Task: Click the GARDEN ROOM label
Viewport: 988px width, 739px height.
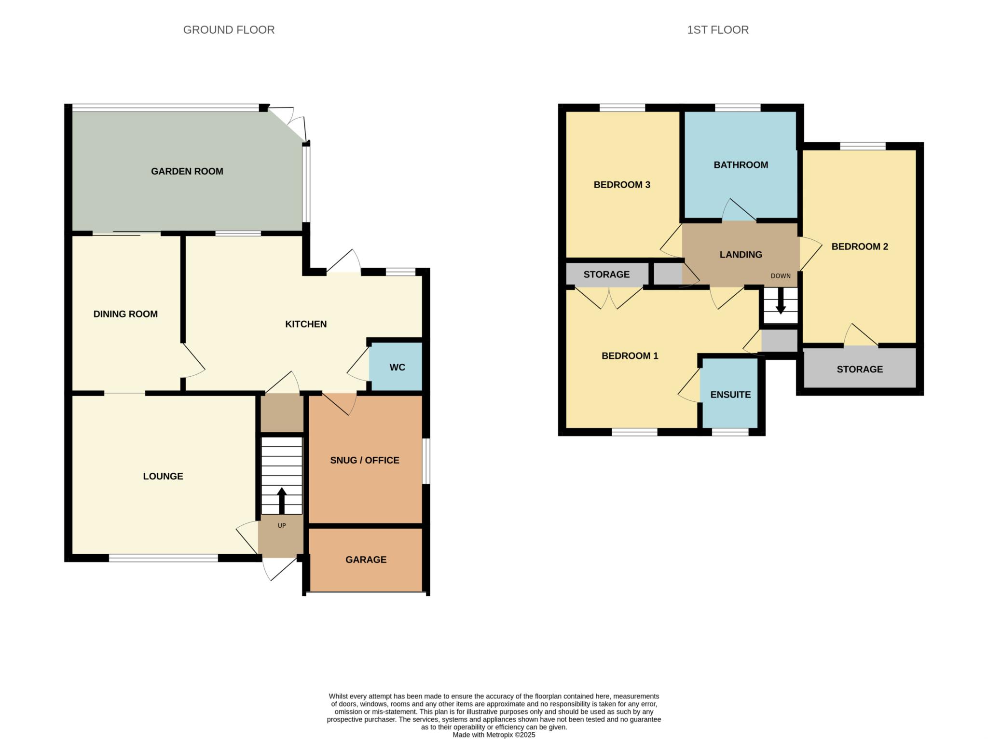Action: click(x=187, y=171)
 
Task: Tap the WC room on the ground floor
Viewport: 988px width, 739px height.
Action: click(x=397, y=367)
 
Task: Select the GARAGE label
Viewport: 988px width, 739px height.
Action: click(x=366, y=560)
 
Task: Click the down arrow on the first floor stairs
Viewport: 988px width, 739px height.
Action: click(x=781, y=303)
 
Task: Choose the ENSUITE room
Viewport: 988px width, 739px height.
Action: click(x=730, y=394)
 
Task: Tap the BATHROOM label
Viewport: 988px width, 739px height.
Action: click(x=741, y=165)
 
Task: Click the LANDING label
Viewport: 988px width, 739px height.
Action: click(x=741, y=255)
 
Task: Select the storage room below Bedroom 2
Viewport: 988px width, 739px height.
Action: click(x=859, y=369)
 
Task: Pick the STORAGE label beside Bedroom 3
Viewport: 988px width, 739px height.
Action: click(x=606, y=274)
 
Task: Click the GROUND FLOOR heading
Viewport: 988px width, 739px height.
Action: click(x=229, y=30)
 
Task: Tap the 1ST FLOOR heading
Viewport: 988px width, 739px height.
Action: click(x=717, y=30)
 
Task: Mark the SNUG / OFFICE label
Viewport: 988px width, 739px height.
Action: click(x=364, y=460)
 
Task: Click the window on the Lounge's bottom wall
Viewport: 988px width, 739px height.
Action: click(x=163, y=558)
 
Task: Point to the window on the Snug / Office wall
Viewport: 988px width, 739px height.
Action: click(x=426, y=461)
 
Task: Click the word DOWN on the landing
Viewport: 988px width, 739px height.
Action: click(x=780, y=276)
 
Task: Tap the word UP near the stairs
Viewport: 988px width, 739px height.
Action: click(x=282, y=525)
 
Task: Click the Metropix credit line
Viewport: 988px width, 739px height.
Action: click(x=494, y=735)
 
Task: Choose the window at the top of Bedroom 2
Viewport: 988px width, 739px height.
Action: click(x=862, y=146)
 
